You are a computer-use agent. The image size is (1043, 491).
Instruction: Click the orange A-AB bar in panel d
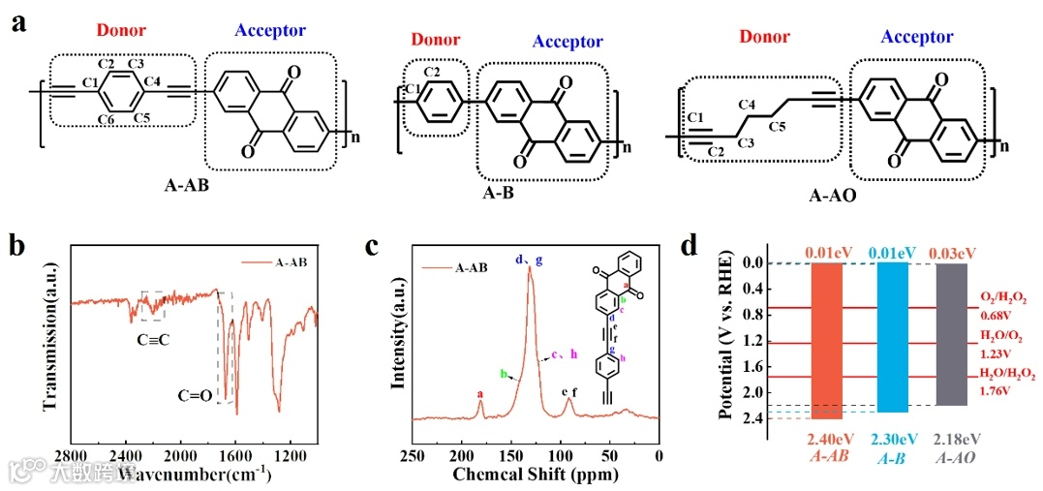832,339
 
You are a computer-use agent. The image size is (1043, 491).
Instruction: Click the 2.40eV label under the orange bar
831,439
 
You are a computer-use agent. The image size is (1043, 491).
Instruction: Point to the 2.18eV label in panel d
954,439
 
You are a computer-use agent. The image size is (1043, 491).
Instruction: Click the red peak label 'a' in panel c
480,394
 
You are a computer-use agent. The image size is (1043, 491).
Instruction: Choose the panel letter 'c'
371,246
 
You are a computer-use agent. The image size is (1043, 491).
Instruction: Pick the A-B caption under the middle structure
496,193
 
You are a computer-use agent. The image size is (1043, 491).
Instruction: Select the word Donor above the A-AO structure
765,38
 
